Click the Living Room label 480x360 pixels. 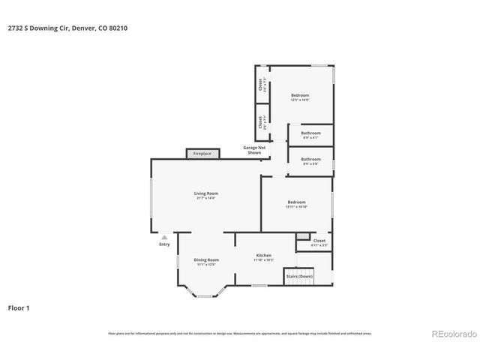[206, 193]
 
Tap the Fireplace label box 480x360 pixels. [202, 153]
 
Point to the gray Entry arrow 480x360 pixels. [164, 236]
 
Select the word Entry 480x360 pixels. [164, 244]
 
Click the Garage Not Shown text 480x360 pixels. [254, 149]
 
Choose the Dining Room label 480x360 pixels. [206, 259]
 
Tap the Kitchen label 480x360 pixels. [264, 255]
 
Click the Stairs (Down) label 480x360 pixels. [300, 276]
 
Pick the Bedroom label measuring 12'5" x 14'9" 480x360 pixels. [300, 95]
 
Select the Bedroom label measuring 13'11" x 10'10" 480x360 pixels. [296, 202]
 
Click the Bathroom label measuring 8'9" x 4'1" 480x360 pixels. [310, 133]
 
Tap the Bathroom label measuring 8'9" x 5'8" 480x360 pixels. [310, 159]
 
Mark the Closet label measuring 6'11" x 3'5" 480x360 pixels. [319, 241]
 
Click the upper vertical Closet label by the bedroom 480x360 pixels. [260, 85]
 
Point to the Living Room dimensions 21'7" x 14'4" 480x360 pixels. [206, 198]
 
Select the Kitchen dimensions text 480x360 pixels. [264, 260]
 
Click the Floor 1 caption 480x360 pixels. [19, 307]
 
